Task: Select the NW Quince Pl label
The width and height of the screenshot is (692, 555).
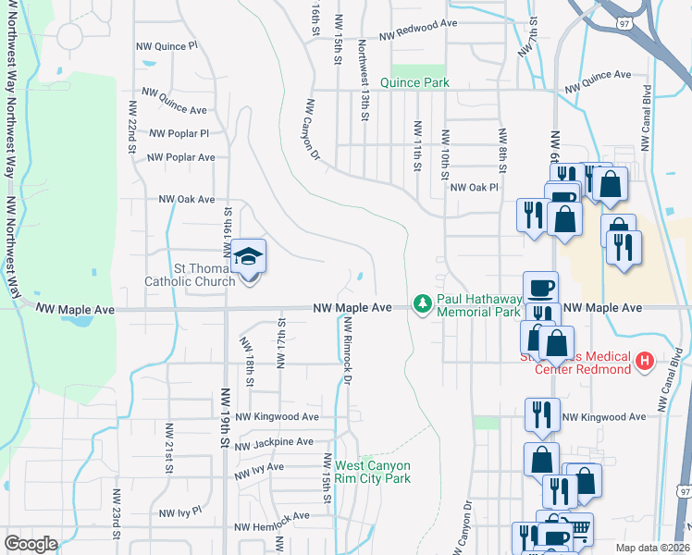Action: (x=167, y=44)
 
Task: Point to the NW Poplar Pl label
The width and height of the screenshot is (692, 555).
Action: (x=179, y=133)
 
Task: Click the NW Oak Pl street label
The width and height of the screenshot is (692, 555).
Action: (x=474, y=187)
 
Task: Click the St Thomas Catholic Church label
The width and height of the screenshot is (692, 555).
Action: (x=190, y=275)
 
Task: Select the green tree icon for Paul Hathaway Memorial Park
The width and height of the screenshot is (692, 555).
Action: (x=423, y=303)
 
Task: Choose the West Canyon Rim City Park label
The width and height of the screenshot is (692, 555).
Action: (x=373, y=472)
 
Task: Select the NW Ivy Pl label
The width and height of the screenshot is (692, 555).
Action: (x=180, y=512)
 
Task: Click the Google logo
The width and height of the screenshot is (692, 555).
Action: (x=31, y=544)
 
